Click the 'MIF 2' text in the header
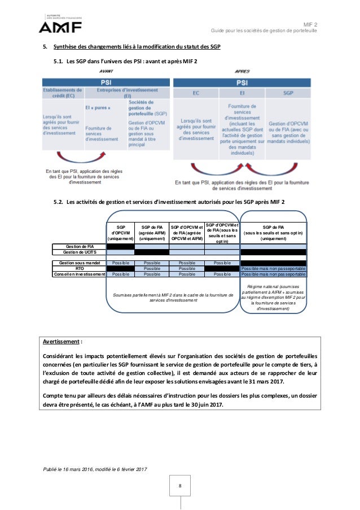point(310,24)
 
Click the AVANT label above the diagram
point(106,72)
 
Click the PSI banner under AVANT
point(104,81)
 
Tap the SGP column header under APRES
point(288,92)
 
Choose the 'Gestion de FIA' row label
point(81,246)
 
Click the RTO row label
point(80,269)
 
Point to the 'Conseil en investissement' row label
point(80,274)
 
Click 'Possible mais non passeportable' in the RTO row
point(273,269)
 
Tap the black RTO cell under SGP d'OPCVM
point(121,269)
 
